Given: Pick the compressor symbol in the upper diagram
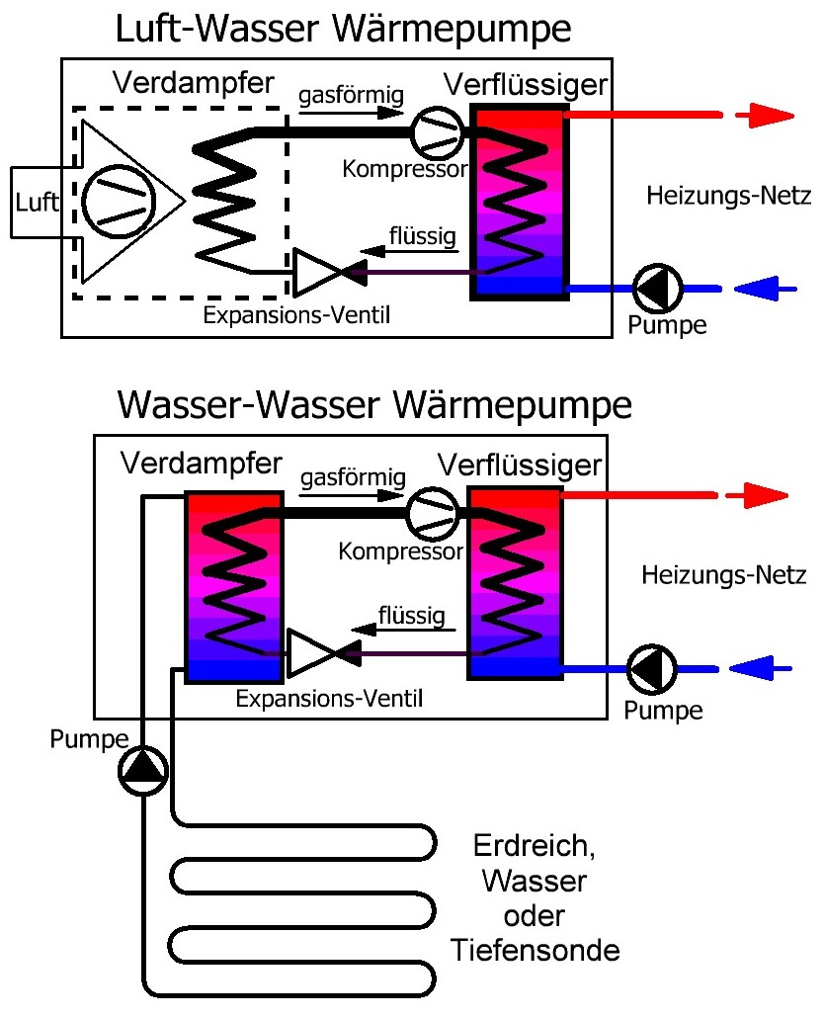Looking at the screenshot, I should [436, 134].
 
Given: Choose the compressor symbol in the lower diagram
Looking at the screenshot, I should [432, 515].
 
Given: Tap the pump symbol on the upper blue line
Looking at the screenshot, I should [654, 287].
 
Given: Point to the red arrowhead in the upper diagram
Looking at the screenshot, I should [772, 115].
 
